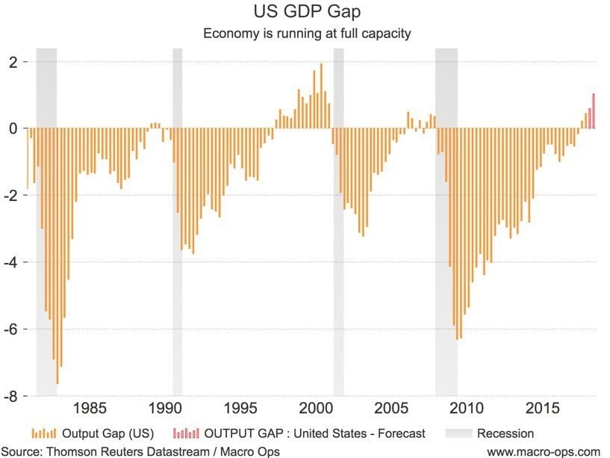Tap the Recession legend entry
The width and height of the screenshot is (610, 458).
505,433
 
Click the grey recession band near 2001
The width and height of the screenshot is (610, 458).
338,224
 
